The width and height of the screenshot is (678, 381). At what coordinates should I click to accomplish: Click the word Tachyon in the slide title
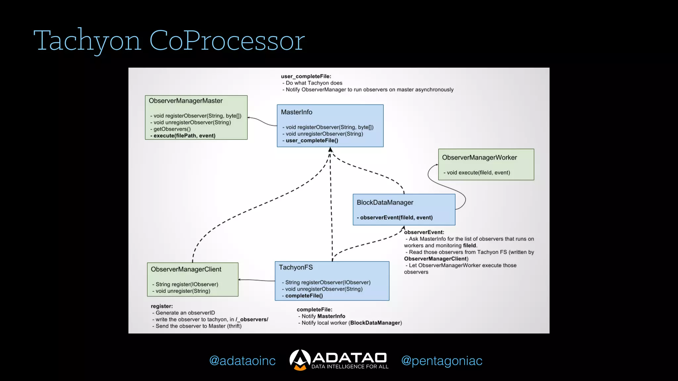pyautogui.click(x=88, y=41)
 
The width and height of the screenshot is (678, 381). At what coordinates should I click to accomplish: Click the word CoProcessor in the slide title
pyautogui.click(x=227, y=41)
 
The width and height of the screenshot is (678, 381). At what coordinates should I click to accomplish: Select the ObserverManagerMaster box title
pyautogui.click(x=185, y=101)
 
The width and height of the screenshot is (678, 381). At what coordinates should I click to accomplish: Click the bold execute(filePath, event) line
pyautogui.click(x=184, y=136)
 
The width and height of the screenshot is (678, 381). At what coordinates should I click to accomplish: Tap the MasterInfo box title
pyautogui.click(x=296, y=112)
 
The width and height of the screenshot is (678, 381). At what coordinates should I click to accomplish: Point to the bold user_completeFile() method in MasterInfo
pyautogui.click(x=312, y=141)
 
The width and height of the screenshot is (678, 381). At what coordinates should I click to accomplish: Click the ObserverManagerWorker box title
pyautogui.click(x=479, y=158)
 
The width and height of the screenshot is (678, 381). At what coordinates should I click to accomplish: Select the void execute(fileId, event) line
pyautogui.click(x=478, y=173)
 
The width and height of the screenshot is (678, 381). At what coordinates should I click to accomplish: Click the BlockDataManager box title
pyautogui.click(x=385, y=202)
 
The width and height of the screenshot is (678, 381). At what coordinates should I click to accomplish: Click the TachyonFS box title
pyautogui.click(x=295, y=267)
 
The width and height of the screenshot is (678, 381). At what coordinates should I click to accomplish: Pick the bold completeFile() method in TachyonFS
pyautogui.click(x=304, y=296)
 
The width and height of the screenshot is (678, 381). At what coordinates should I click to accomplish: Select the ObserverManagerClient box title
pyautogui.click(x=186, y=269)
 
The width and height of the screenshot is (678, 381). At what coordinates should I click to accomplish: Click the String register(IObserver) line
pyautogui.click(x=186, y=284)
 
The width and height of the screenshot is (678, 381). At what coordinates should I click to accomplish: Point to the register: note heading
pyautogui.click(x=162, y=306)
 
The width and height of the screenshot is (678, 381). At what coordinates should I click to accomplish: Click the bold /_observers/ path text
pyautogui.click(x=252, y=319)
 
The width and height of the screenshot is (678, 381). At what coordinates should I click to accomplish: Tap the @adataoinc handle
pyautogui.click(x=242, y=361)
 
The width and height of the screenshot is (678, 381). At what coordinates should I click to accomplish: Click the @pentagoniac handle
pyautogui.click(x=442, y=361)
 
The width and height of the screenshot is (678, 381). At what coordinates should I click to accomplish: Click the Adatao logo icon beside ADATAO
pyautogui.click(x=300, y=360)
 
